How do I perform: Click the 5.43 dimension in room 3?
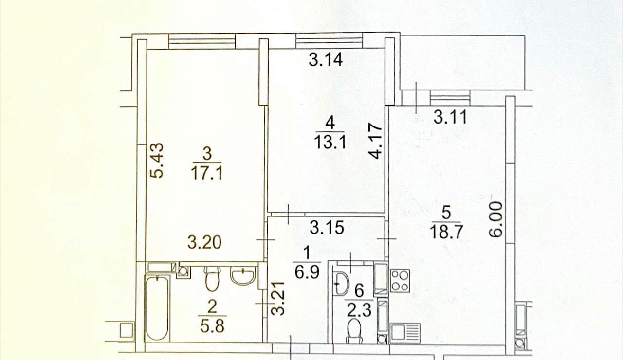[x=157, y=161]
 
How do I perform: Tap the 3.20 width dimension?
[x=205, y=242]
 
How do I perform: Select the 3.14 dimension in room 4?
[x=326, y=59]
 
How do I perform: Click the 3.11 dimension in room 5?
[x=451, y=117]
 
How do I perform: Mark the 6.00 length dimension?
[x=496, y=219]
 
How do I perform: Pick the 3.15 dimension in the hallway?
[x=327, y=227]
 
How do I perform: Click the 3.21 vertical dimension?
[x=278, y=299]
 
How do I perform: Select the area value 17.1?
[x=207, y=174]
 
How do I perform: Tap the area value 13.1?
[x=330, y=142]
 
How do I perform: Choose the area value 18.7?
[x=446, y=232]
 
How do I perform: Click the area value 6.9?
[x=307, y=272]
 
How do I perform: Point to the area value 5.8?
[x=212, y=326]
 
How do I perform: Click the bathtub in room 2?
[x=157, y=308]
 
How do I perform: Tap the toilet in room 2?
[x=212, y=279]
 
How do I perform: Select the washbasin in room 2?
[x=243, y=275]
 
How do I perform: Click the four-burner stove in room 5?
[x=400, y=281]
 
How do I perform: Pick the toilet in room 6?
[x=354, y=331]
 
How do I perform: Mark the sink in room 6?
[x=342, y=284]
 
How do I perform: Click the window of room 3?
[x=202, y=42]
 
